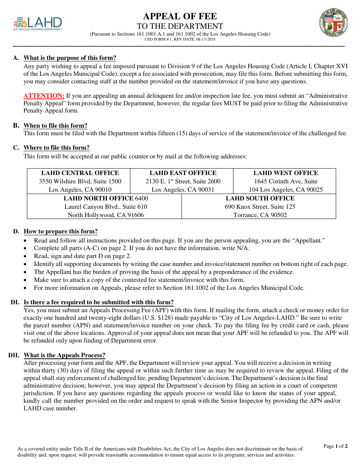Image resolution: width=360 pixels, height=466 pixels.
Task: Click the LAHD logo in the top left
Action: pos(37,23)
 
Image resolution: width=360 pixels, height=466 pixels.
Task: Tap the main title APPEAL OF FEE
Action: pos(180,16)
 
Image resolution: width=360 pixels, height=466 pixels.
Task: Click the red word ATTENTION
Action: pos(44,96)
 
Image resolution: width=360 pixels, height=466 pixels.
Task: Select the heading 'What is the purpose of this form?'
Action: pos(70,58)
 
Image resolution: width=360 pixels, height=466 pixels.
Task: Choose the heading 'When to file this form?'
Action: pos(55,126)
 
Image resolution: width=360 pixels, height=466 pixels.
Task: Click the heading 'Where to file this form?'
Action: pos(56,148)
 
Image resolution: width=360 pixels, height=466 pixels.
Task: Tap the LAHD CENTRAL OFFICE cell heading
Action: pos(80,173)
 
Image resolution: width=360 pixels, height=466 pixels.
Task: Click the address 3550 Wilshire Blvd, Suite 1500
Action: pos(80,181)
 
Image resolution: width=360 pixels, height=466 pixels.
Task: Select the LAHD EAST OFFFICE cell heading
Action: pos(183,173)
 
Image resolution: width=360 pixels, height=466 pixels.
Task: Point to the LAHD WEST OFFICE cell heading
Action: pos(286,173)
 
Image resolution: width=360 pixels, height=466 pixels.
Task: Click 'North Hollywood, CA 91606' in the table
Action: pos(106,215)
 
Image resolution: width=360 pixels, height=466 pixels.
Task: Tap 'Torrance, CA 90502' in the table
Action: pos(260,215)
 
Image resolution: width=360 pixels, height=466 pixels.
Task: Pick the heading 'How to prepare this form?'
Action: pos(61,231)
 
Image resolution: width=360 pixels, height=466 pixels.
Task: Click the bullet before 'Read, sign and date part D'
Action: pos(25,256)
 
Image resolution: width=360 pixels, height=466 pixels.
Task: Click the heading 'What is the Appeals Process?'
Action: pos(64,355)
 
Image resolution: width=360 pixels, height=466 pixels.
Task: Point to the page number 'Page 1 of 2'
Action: pos(335,446)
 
